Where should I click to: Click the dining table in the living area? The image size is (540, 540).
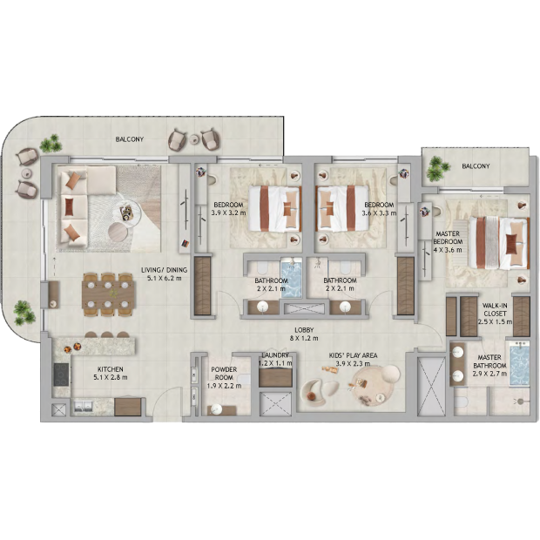point(108,294)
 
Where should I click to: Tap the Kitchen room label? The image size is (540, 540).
point(111,369)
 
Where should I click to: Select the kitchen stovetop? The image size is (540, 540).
point(61,375)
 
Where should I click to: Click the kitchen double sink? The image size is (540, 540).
point(83,407)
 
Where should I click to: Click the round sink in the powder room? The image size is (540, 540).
point(217,409)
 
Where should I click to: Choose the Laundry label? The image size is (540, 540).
point(275,355)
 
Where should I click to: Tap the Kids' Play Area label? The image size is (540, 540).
point(353,355)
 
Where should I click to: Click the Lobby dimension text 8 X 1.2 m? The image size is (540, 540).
point(304,338)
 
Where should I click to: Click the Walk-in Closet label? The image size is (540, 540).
point(495,309)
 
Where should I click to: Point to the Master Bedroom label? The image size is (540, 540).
point(448,238)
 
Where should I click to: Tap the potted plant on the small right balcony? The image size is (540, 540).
point(437,168)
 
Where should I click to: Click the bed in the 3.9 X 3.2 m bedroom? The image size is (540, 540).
point(275,208)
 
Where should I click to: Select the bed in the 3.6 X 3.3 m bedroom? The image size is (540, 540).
point(342,208)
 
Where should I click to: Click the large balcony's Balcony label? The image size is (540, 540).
point(130,139)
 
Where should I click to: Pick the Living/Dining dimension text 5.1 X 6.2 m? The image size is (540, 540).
point(165,278)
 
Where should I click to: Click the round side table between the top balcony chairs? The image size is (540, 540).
point(195,139)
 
